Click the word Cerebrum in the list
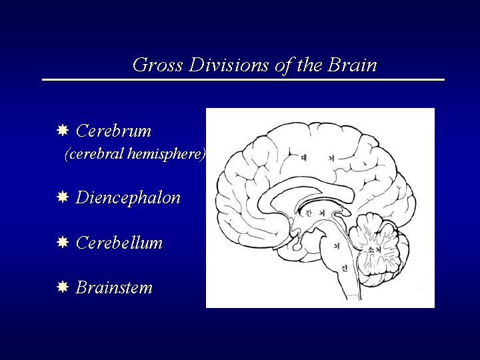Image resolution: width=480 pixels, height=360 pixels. coord(114,131)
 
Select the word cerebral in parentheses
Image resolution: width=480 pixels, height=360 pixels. coord(94,155)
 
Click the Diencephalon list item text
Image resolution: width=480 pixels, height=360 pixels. coord(128,198)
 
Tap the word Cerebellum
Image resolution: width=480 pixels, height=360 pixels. coord(119,243)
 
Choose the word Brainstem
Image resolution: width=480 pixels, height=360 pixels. coord(114,288)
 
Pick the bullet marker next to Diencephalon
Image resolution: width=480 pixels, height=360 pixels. coord(62,197)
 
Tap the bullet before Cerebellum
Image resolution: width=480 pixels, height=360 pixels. coord(62,242)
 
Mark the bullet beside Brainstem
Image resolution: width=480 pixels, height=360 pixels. coord(62,287)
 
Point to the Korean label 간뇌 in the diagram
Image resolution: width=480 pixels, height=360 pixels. coord(314,213)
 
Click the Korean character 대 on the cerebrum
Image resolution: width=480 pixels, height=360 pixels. coord(304,159)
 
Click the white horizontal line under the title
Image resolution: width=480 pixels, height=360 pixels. coord(243,80)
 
